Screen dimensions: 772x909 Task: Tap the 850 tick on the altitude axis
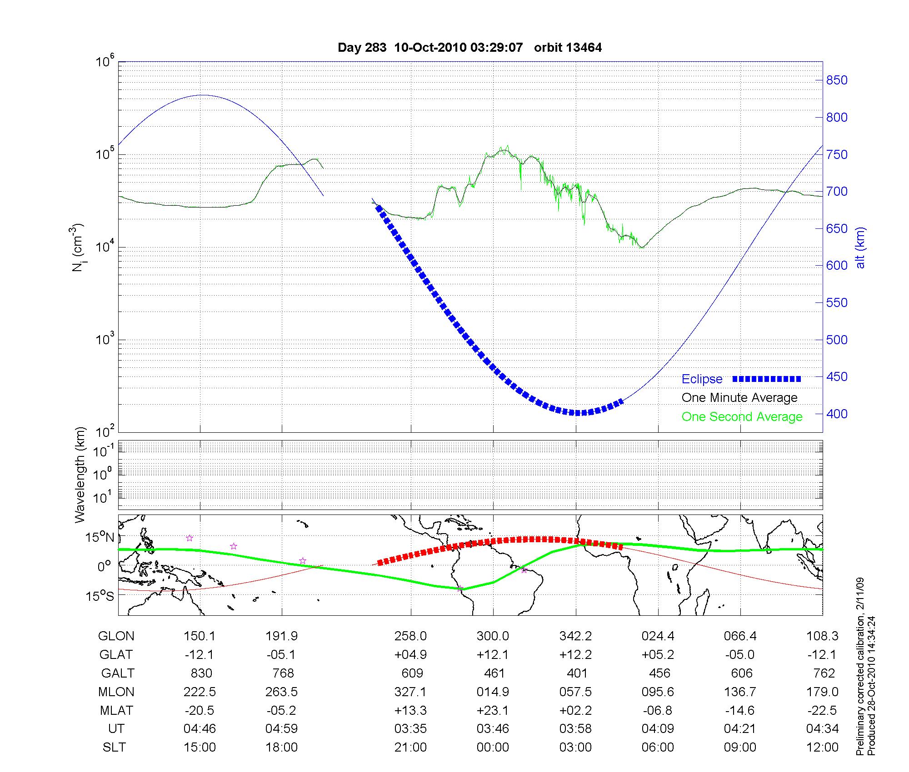[x=836, y=80]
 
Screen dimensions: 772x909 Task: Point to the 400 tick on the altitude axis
[x=836, y=414]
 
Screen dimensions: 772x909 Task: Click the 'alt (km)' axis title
[x=860, y=247]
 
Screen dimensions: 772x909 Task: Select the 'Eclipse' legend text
[x=702, y=379]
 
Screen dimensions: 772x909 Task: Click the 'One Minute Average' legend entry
[x=739, y=398]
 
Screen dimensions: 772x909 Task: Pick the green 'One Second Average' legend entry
[x=742, y=416]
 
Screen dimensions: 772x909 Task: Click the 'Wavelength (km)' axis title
[x=80, y=475]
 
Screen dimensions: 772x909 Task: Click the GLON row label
[x=116, y=636]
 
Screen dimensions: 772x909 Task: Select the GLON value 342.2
[x=575, y=636]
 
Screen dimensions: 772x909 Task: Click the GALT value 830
[x=200, y=673]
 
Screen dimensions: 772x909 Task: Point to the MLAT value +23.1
[x=493, y=710]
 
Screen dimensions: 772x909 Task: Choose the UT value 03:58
[x=575, y=729]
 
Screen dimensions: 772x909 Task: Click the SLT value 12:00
[x=822, y=747]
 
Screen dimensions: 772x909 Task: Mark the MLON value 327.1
[x=410, y=692]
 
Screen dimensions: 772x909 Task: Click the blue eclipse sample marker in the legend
[x=766, y=379]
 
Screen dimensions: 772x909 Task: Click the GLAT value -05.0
[x=740, y=654]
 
